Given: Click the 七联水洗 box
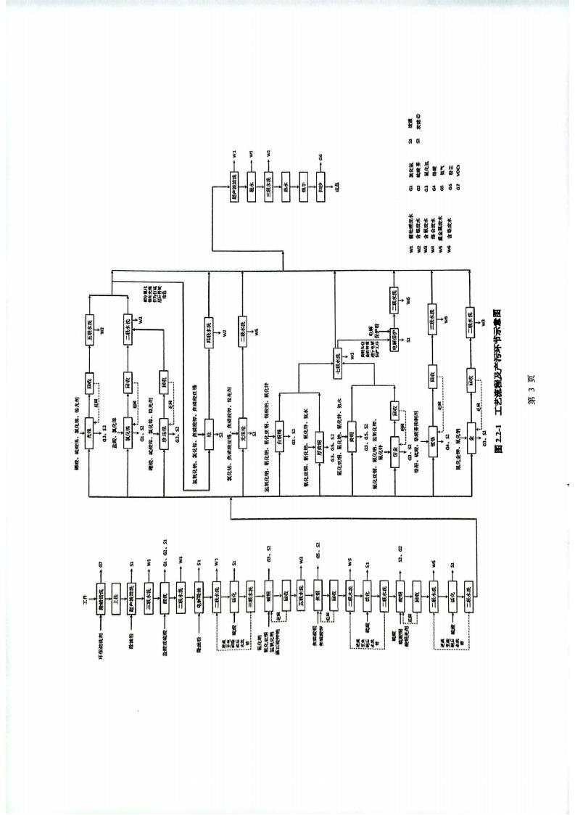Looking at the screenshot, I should point(336,359).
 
